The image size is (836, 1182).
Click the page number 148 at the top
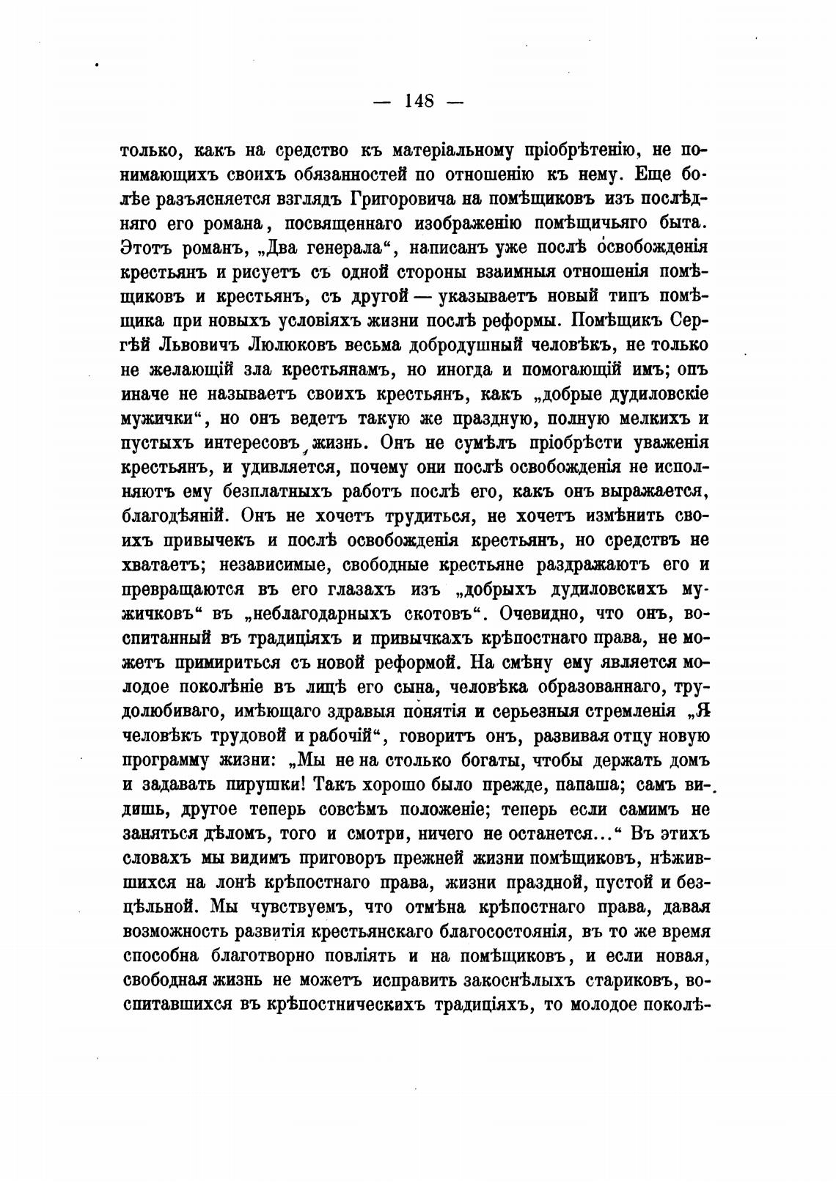(419, 101)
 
